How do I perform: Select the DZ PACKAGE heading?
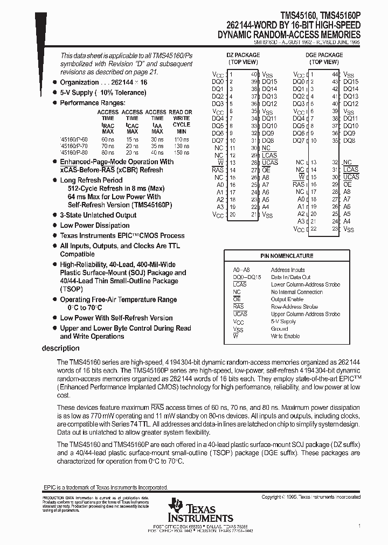[x=242, y=55]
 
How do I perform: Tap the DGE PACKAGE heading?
[x=324, y=55]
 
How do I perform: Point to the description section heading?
[x=60, y=348]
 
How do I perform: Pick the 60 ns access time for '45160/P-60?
[x=108, y=138]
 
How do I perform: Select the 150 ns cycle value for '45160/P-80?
[x=182, y=152]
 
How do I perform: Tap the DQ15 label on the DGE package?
[x=350, y=81]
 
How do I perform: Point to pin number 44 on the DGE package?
[x=335, y=74]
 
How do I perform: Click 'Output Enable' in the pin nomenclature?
[x=287, y=299]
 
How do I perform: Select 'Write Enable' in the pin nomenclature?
[x=285, y=336]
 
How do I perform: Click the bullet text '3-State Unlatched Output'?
[x=94, y=215]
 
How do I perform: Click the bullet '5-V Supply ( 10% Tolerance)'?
[x=102, y=93]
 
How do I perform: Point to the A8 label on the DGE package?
[x=347, y=192]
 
